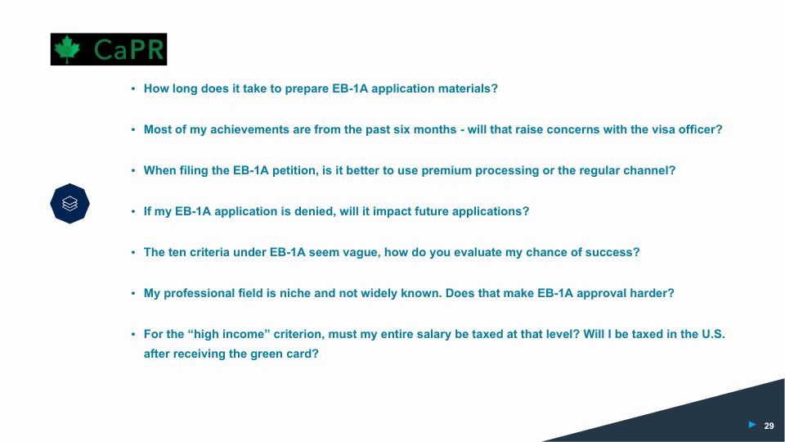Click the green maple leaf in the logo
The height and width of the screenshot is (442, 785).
point(67,49)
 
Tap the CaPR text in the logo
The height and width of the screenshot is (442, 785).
point(128,50)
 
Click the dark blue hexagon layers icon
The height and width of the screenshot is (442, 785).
point(70,204)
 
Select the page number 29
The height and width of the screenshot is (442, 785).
point(769,426)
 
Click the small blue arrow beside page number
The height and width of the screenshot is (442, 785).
point(752,425)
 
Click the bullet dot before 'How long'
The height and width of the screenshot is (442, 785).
point(133,88)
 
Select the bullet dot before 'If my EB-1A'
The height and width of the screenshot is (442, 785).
point(133,211)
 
